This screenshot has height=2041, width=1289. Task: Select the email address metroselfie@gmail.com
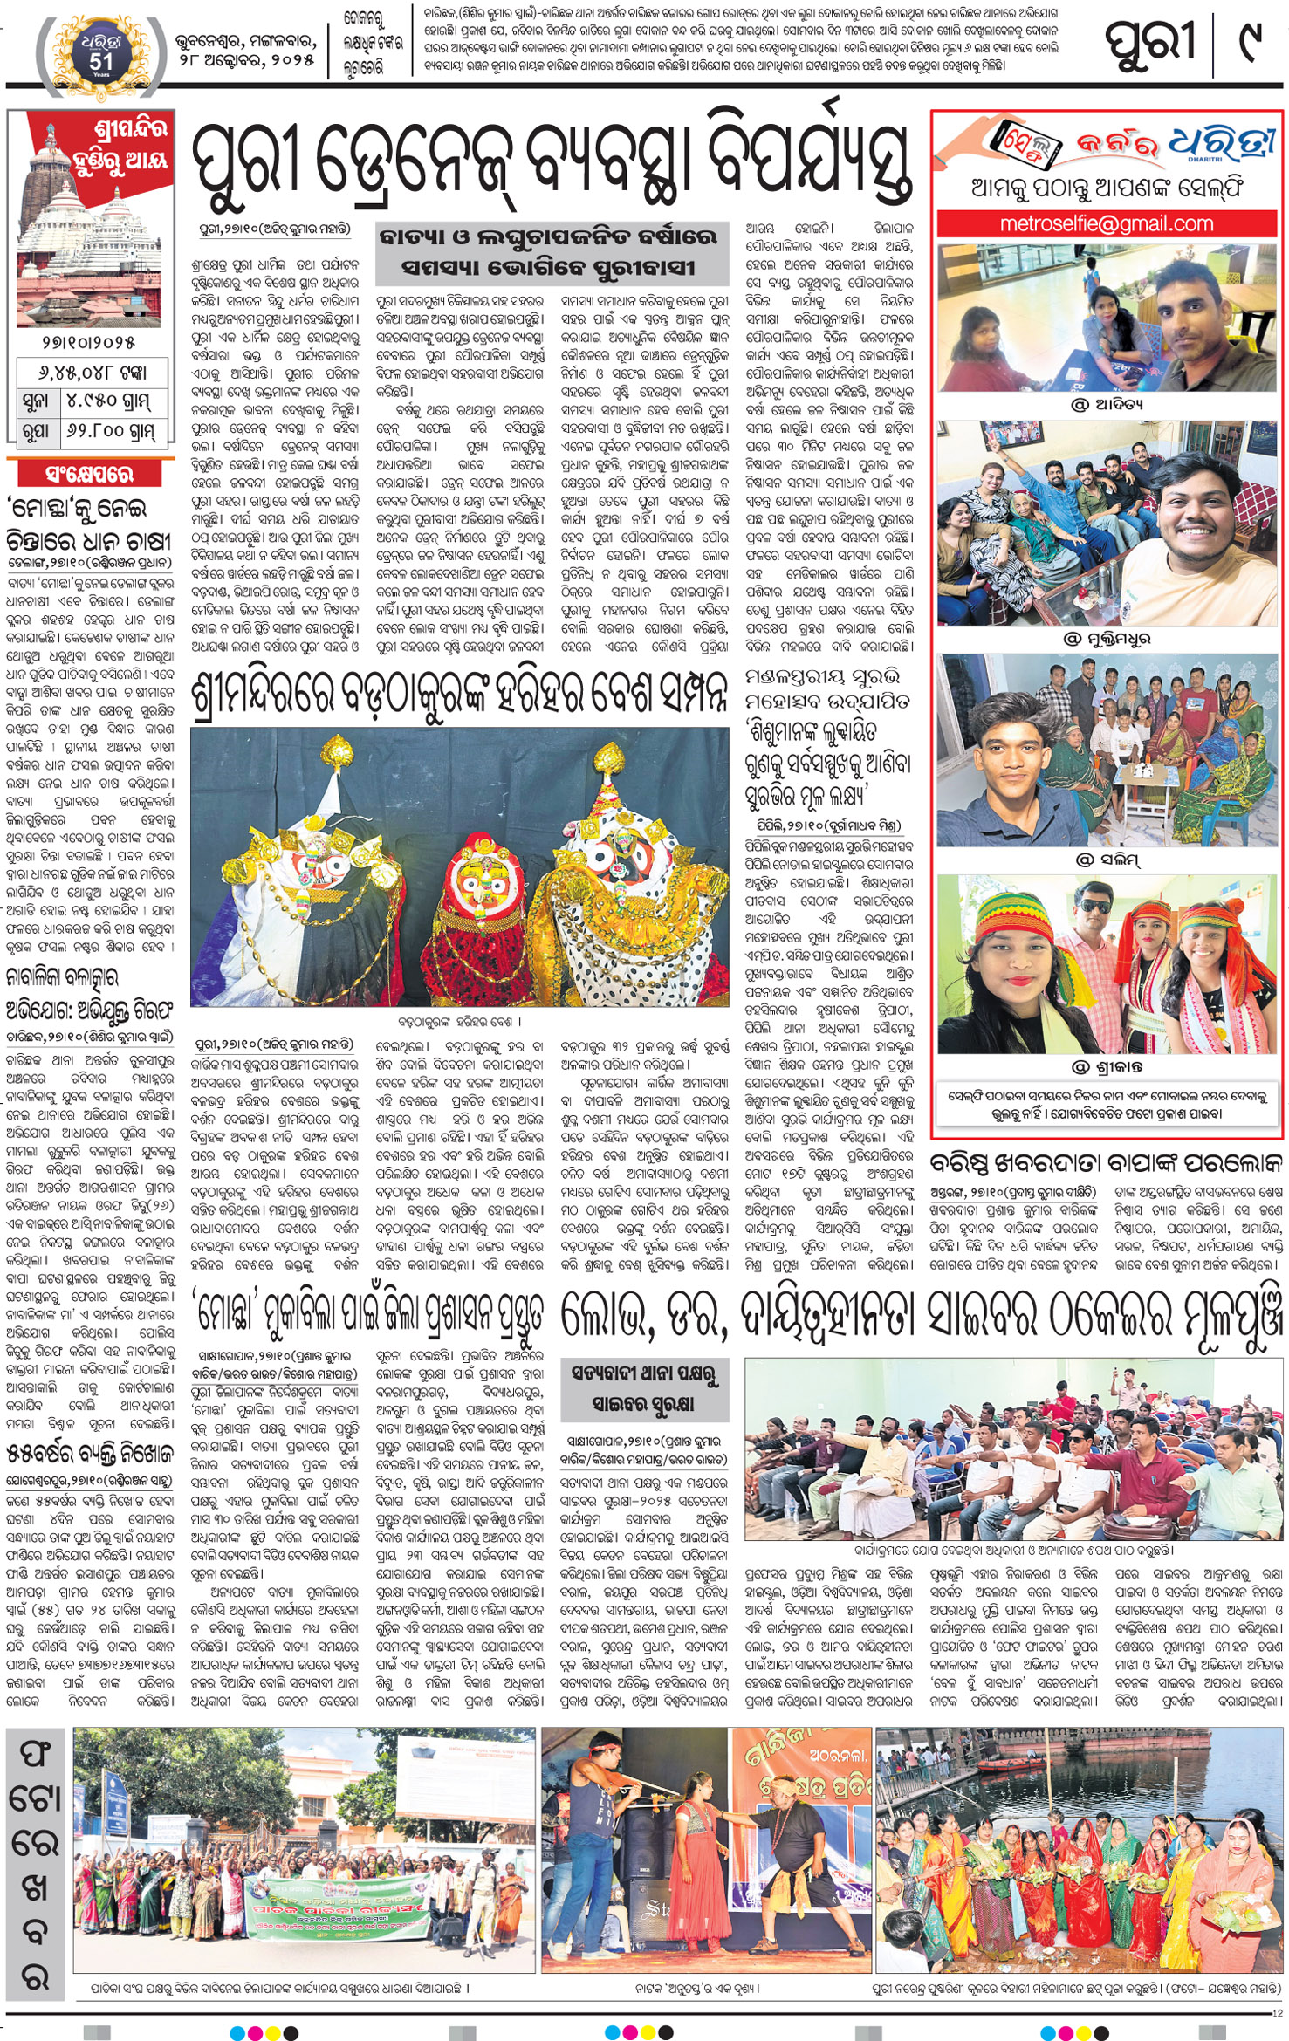pos(1106,224)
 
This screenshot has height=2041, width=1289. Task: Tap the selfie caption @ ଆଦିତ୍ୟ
pos(1107,404)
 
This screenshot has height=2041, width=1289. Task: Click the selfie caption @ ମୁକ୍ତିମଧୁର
pos(1107,639)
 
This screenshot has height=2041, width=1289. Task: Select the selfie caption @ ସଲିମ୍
pos(1107,860)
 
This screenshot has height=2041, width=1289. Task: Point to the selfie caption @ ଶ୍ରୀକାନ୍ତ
pos(1107,1067)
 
